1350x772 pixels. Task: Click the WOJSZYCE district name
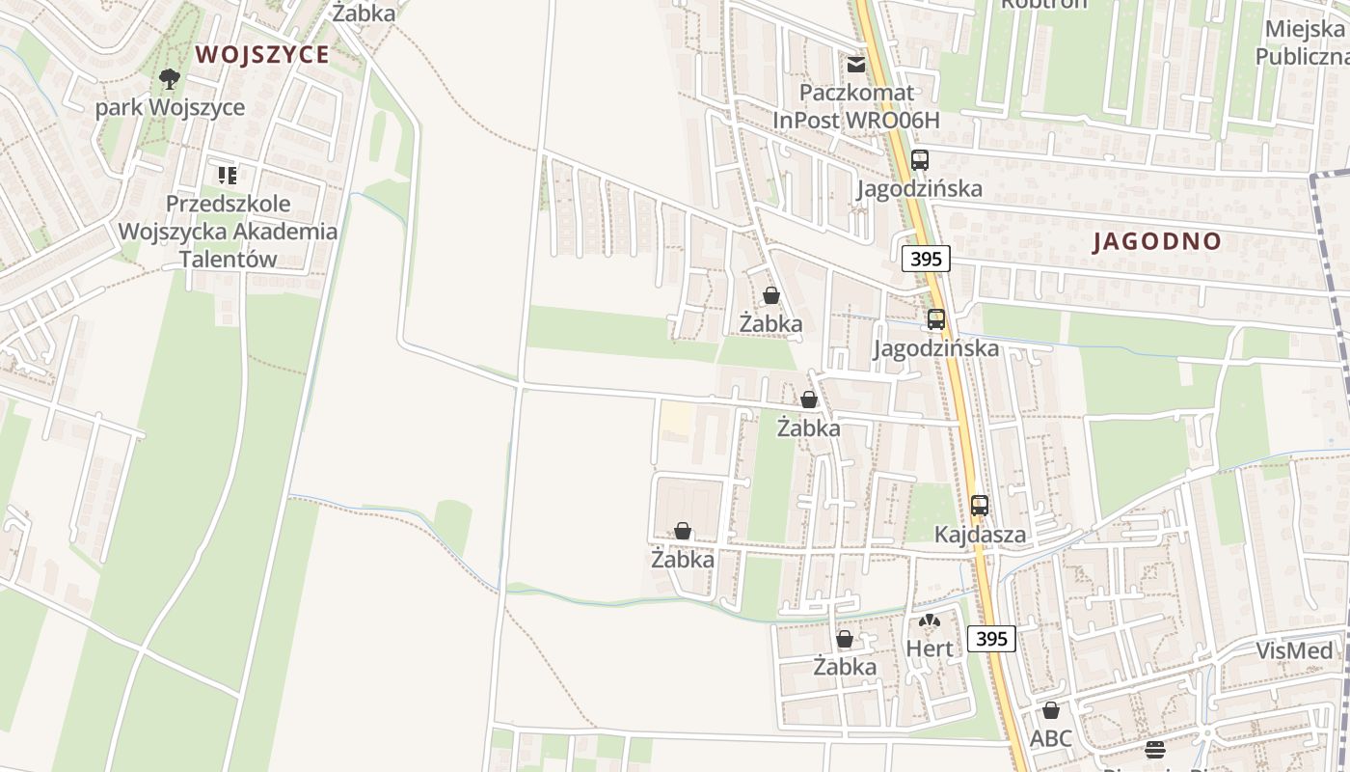(262, 54)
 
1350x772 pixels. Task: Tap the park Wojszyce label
(170, 107)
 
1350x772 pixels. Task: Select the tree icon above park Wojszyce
(170, 78)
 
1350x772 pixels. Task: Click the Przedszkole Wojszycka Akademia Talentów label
(228, 232)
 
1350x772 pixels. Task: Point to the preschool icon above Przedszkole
(228, 176)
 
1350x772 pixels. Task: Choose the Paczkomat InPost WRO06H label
(856, 106)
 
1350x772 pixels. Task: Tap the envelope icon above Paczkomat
(855, 65)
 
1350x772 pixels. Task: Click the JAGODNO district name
(1157, 241)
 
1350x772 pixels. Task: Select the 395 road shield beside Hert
(991, 638)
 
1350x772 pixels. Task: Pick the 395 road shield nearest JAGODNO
(926, 258)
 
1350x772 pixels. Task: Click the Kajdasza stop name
(980, 534)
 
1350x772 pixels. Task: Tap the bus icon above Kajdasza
(980, 505)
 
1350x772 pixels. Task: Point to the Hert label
(929, 648)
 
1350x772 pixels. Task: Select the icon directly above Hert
(929, 621)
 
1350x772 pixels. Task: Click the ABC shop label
(1051, 738)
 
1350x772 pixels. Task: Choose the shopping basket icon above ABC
(1051, 710)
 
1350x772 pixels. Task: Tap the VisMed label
(1293, 650)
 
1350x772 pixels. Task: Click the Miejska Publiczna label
(1303, 42)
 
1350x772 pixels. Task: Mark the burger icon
(1155, 749)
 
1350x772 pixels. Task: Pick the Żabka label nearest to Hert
(845, 667)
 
